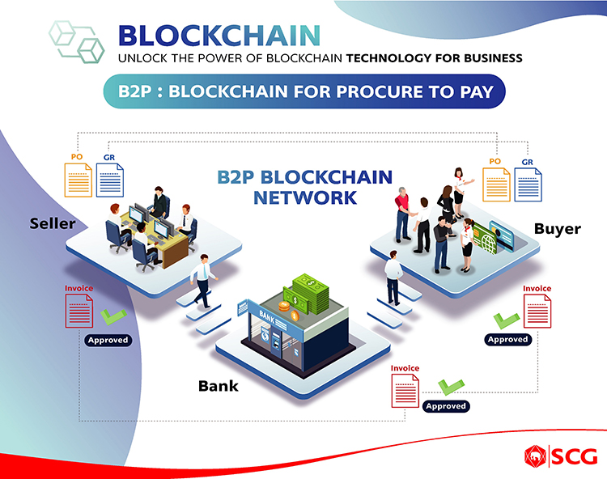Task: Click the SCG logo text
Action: [x=575, y=456]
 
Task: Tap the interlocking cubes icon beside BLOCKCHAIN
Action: [x=77, y=42]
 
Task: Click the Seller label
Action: [x=53, y=223]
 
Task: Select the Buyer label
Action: [x=558, y=229]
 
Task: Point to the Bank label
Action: [x=219, y=386]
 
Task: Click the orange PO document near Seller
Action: [x=78, y=180]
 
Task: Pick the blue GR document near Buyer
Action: [x=528, y=184]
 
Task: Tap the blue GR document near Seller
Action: [x=110, y=180]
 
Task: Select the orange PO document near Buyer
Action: [x=496, y=184]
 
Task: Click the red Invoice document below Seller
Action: [x=79, y=311]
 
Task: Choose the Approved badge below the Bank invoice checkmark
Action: [x=446, y=406]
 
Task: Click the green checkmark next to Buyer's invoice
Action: [x=506, y=320]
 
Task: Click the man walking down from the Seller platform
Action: [x=203, y=281]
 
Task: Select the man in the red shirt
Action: [x=402, y=214]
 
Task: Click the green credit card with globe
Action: [x=485, y=239]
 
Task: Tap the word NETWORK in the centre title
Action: [x=305, y=197]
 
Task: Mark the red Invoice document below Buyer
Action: [x=537, y=311]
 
